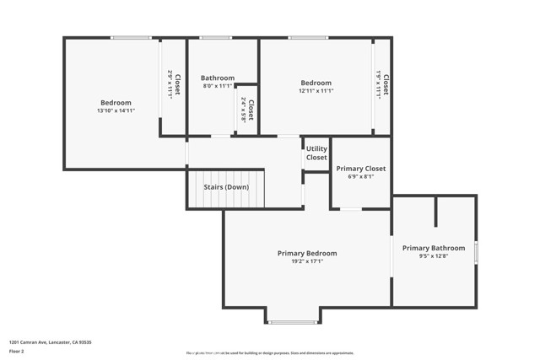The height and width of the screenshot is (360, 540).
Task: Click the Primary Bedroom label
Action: point(307,253)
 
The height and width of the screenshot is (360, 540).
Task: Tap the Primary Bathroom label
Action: point(433,248)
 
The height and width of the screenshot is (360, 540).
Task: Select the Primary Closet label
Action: point(360,169)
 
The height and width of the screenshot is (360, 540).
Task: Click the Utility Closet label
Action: point(316,153)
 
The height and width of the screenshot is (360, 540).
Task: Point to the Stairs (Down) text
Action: point(226,187)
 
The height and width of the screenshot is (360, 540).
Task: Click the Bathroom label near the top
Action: point(218,78)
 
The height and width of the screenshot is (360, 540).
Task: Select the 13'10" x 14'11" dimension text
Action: point(116,110)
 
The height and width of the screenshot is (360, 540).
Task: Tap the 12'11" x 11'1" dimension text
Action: point(316,91)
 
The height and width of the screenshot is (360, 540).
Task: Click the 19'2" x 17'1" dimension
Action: point(307,261)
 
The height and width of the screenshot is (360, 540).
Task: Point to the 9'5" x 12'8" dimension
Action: point(433,256)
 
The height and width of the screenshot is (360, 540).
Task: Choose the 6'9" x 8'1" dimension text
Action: point(360,177)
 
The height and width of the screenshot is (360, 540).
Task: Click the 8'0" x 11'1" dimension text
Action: point(218,86)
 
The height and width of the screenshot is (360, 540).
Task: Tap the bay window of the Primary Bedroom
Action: point(293,322)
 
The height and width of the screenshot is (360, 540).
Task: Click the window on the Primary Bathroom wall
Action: point(476,251)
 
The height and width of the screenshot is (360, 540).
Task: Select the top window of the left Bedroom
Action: point(131,37)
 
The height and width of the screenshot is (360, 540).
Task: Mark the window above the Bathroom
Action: point(215,37)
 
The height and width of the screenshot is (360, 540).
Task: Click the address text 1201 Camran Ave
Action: point(50,342)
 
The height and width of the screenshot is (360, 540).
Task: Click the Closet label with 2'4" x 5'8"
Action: point(247,110)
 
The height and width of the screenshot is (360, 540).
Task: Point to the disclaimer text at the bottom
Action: point(270,353)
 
